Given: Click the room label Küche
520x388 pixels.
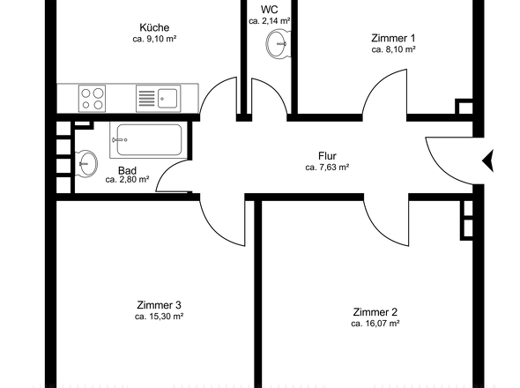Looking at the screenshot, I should [x=154, y=27].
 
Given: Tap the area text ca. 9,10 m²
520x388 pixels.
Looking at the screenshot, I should [x=154, y=40].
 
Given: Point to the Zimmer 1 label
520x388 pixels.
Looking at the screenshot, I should [x=393, y=38].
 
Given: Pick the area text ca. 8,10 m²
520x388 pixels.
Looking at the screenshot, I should [x=393, y=50].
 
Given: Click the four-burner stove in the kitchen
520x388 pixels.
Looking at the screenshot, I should [x=93, y=97].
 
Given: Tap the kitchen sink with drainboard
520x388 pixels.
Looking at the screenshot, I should [x=158, y=97].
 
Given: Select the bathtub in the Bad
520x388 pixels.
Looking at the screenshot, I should [x=146, y=140].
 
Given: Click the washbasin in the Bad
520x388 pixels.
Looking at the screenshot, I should [x=86, y=162].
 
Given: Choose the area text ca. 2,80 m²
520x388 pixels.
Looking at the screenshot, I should [x=127, y=180].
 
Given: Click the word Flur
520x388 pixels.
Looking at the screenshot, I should [x=328, y=155].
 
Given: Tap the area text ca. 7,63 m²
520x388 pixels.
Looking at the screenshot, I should [x=328, y=167].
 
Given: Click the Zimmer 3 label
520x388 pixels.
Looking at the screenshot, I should [x=159, y=304].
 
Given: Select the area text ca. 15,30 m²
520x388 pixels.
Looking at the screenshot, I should [x=159, y=316].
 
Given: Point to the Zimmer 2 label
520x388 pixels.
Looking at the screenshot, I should [x=375, y=312].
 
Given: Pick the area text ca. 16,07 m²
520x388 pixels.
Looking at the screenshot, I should [x=375, y=324].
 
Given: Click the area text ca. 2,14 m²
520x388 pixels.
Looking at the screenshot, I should [x=270, y=20].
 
